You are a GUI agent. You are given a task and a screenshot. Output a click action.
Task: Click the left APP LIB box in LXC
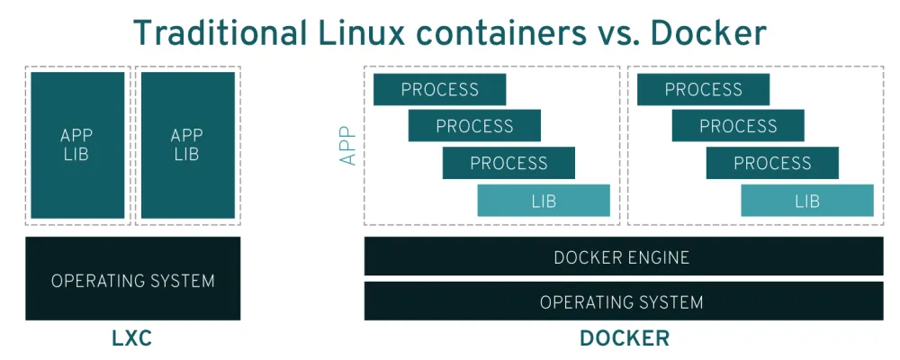click(77, 145)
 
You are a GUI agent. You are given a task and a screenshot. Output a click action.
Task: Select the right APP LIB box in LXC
click(187, 145)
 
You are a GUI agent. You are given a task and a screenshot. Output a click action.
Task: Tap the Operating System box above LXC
click(132, 279)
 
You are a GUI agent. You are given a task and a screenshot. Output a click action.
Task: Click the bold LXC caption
click(132, 339)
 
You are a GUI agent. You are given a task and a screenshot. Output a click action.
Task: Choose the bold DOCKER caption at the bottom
click(624, 339)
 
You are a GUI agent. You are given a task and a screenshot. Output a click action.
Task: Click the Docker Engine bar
click(623, 257)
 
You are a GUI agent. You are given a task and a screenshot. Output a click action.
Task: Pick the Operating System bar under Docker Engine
click(623, 301)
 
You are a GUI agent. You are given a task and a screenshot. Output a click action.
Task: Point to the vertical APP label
click(348, 145)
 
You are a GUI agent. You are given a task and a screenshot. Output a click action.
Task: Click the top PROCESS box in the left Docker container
click(439, 89)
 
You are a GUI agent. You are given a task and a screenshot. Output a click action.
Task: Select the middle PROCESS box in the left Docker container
click(474, 126)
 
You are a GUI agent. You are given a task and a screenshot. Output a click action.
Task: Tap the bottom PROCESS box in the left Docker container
click(508, 163)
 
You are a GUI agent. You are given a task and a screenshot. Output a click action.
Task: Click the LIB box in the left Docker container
click(544, 201)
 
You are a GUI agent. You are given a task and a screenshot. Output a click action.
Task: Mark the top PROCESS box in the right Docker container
click(703, 89)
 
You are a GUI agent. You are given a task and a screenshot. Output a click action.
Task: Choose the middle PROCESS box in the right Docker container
click(738, 126)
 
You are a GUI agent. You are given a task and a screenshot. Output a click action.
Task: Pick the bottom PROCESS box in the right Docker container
click(772, 163)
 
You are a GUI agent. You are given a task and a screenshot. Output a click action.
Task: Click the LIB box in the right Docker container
click(807, 201)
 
